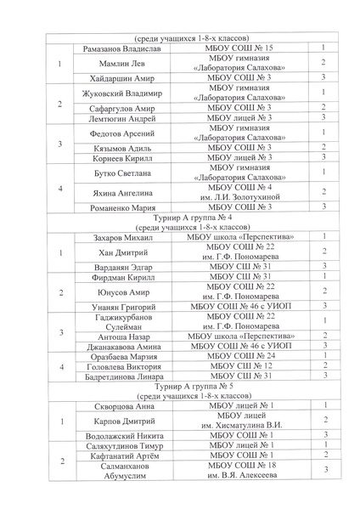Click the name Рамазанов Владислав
coord(124,48)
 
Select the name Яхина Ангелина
coord(124,191)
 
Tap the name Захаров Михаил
coord(124,236)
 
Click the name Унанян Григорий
coord(124,305)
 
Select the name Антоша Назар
coord(124,336)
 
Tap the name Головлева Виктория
coord(124,365)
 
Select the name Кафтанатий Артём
coord(124,455)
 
